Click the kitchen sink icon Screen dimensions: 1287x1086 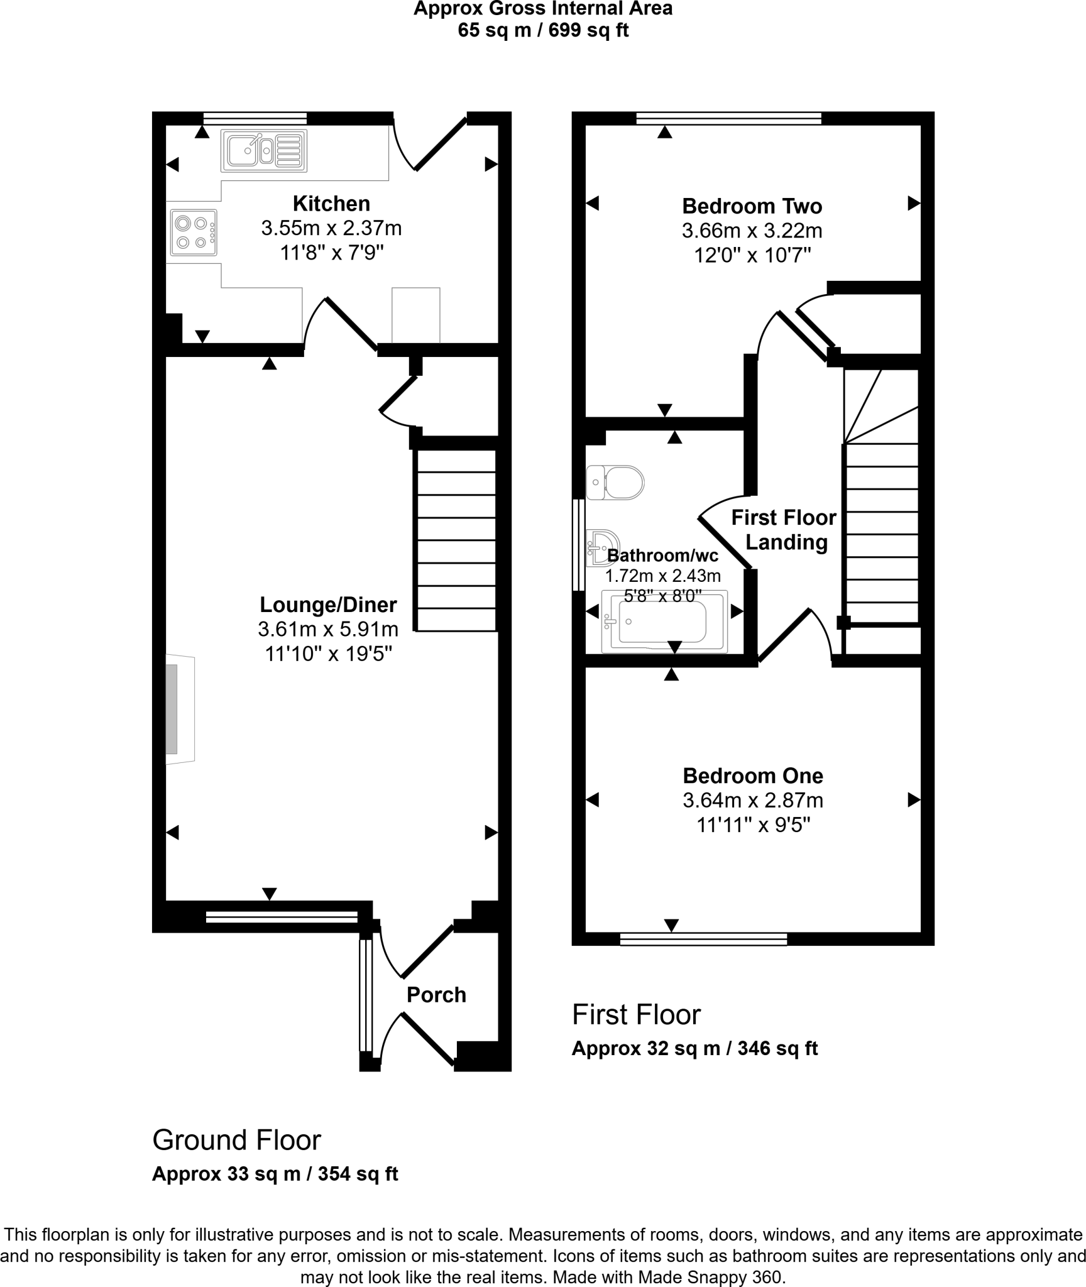pyautogui.click(x=264, y=151)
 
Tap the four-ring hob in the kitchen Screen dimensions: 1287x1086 pyautogui.click(x=193, y=233)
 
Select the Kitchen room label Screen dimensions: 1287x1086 pyautogui.click(x=331, y=204)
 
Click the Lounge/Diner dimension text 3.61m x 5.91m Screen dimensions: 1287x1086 pyautogui.click(x=327, y=629)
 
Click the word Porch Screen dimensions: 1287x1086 pyautogui.click(x=436, y=995)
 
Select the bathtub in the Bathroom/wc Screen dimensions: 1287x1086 pyautogui.click(x=664, y=621)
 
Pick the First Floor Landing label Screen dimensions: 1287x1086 pyautogui.click(x=784, y=530)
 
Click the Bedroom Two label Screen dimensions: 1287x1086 pyautogui.click(x=752, y=206)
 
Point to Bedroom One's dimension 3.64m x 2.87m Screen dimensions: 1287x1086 pyautogui.click(x=752, y=800)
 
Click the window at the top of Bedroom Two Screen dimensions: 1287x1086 pyautogui.click(x=728, y=118)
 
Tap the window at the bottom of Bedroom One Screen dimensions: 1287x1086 pyautogui.click(x=703, y=939)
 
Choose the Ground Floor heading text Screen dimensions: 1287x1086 pyautogui.click(x=236, y=1139)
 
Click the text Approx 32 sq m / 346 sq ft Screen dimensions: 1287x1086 pyautogui.click(x=694, y=1048)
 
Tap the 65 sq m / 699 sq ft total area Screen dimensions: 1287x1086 pyautogui.click(x=542, y=30)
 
